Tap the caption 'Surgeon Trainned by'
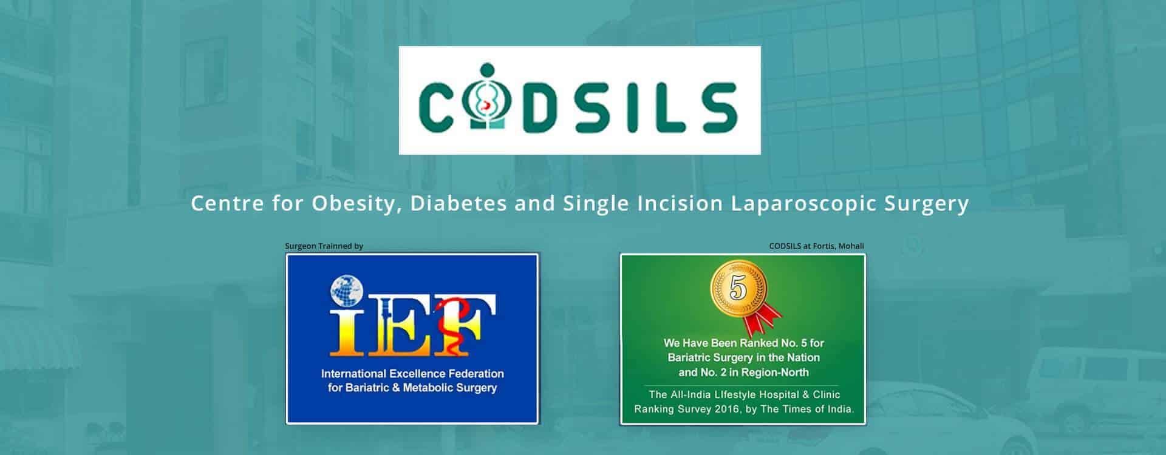[324, 246]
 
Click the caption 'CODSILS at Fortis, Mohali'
[816, 246]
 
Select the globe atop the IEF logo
[346, 291]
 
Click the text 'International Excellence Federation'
[412, 373]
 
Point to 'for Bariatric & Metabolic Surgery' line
[412, 388]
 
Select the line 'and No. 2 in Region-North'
[743, 372]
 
